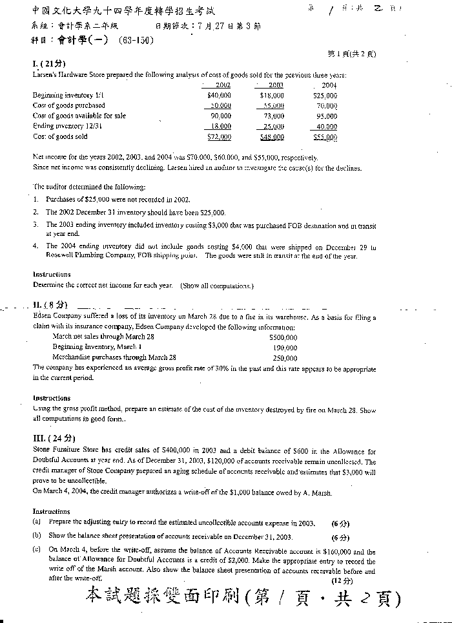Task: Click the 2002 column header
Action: (223, 85)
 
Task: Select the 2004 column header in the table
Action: (329, 85)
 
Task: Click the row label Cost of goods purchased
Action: (69, 105)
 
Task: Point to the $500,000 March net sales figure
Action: (283, 337)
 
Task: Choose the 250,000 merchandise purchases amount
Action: (285, 357)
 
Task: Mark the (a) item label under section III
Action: (37, 522)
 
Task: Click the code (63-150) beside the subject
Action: (136, 41)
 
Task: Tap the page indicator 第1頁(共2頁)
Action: (351, 54)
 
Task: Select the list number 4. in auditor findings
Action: (36, 246)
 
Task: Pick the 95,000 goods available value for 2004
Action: (326, 116)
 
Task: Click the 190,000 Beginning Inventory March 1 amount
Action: (285, 347)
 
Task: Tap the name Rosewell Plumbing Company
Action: (92, 255)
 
